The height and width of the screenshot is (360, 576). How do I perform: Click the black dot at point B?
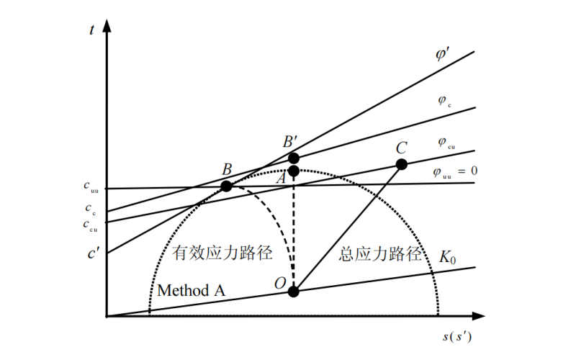tap(226, 186)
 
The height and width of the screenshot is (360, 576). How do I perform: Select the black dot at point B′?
tap(293, 158)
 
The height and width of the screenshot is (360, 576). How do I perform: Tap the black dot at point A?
tap(293, 171)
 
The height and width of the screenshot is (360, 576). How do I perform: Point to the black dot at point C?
tap(402, 164)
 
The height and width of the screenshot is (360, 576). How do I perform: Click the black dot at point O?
tap(293, 292)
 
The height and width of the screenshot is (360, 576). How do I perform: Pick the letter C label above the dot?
tap(402, 147)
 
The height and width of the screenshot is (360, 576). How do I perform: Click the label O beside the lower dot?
tap(280, 283)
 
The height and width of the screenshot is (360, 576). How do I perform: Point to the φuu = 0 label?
tap(455, 171)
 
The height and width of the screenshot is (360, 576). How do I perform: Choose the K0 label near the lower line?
tap(448, 256)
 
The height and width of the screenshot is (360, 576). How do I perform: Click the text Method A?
tap(192, 290)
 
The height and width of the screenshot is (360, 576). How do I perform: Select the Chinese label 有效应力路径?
tap(223, 253)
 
